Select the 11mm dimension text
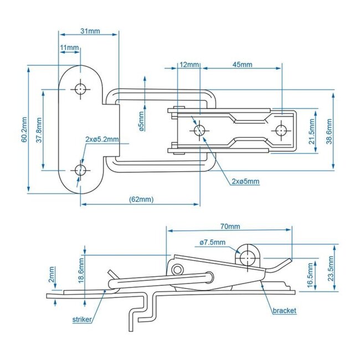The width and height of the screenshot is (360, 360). pyautogui.click(x=69, y=48)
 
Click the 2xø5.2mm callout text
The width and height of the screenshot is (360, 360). pyautogui.click(x=101, y=138)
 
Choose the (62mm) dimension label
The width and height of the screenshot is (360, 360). pyautogui.click(x=141, y=199)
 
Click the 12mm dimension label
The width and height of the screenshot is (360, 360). pyautogui.click(x=189, y=65)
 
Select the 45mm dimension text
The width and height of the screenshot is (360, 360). pyautogui.click(x=242, y=65)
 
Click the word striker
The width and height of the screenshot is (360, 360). pyautogui.click(x=83, y=320)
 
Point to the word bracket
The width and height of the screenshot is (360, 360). pyautogui.click(x=284, y=311)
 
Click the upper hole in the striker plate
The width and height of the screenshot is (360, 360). pyautogui.click(x=81, y=89)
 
